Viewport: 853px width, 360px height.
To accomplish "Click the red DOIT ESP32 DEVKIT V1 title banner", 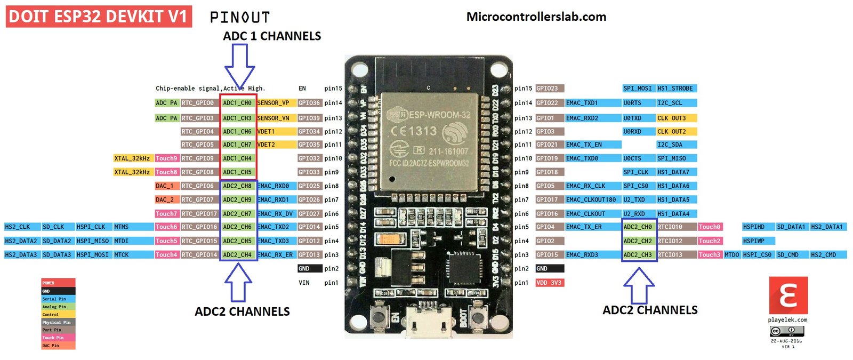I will click(x=99, y=17).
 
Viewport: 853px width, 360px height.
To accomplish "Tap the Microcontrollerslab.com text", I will click(x=536, y=17).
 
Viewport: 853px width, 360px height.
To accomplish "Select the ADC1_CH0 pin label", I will click(x=237, y=103).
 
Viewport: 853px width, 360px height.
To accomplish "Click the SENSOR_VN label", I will click(x=273, y=118).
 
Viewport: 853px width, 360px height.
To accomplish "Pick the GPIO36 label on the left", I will click(x=309, y=103).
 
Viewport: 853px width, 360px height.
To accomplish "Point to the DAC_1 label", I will click(x=165, y=186).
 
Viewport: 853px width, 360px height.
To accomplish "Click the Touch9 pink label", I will click(x=166, y=158).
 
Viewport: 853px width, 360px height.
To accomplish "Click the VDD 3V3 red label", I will click(x=549, y=283).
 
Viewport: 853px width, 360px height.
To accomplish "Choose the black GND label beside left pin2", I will click(x=309, y=269).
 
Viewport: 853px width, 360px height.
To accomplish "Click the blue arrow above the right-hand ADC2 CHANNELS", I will click(x=639, y=285).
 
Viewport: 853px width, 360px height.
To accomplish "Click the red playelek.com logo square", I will click(x=788, y=295).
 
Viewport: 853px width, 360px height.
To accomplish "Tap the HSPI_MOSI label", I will click(x=93, y=255).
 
